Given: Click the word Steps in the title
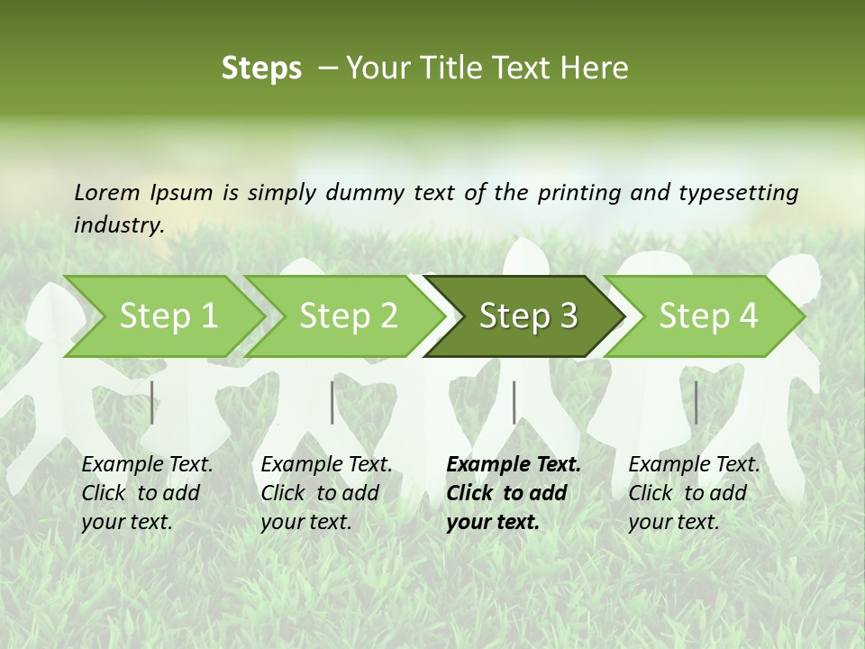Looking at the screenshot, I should click(261, 69).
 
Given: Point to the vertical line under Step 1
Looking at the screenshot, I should click(152, 402).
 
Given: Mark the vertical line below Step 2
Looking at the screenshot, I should click(332, 402).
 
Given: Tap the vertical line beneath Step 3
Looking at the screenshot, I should click(514, 402).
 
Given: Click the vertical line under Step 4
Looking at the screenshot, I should click(696, 402).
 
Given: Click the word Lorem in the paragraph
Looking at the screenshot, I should click(107, 192).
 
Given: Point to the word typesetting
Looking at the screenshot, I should click(738, 192).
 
